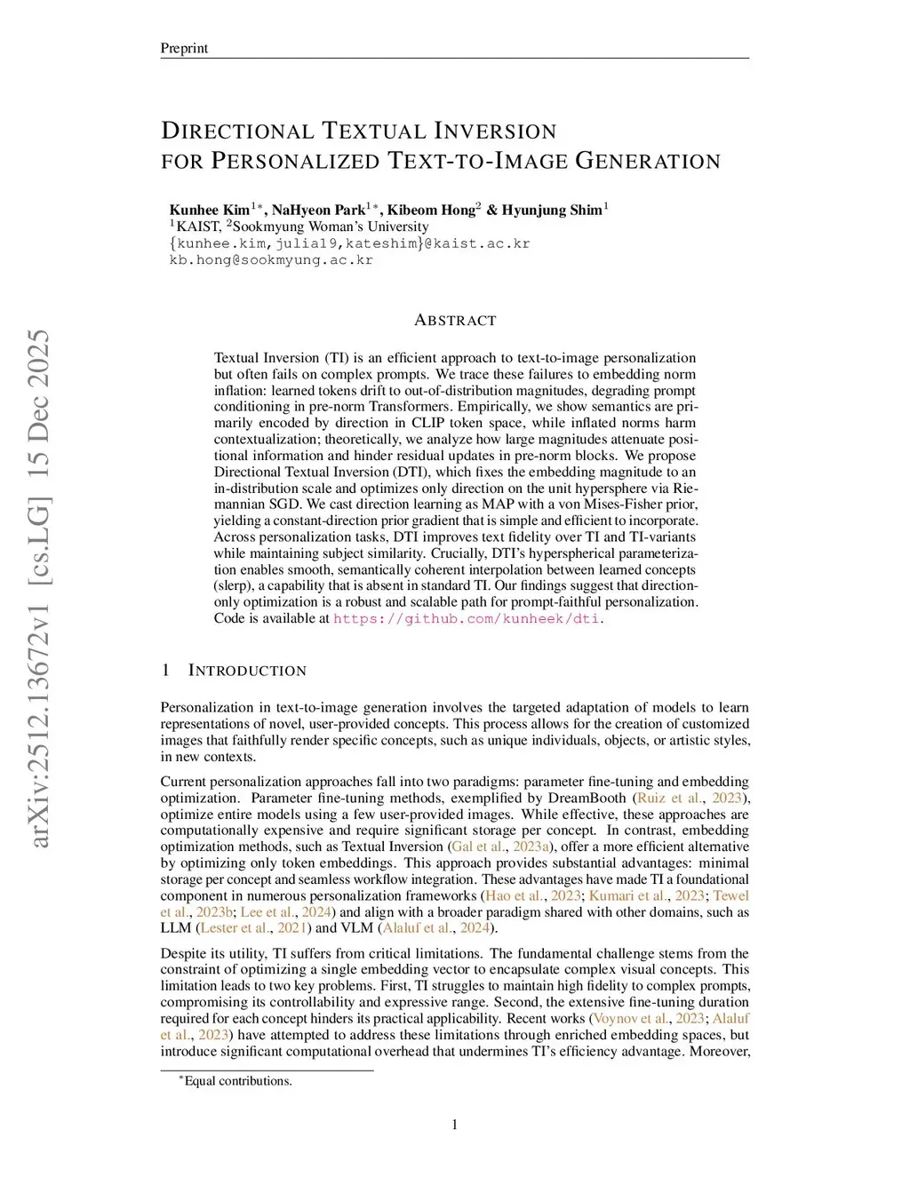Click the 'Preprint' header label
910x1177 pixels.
coord(184,48)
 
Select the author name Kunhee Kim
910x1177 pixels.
coord(210,211)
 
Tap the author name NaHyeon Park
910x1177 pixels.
coord(318,211)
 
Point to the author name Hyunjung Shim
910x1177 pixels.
coord(552,211)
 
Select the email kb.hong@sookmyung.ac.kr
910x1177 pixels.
coord(271,260)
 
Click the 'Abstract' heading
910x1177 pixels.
coord(455,320)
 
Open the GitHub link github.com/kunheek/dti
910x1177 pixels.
coord(467,618)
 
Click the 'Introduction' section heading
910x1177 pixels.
coord(247,671)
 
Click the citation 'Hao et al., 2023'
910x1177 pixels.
coord(533,895)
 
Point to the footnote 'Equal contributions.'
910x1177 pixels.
coord(237,1081)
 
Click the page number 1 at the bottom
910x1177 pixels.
coord(455,1125)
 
